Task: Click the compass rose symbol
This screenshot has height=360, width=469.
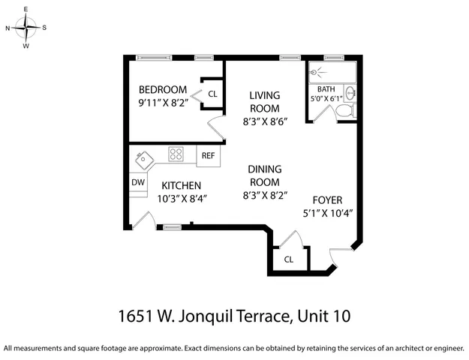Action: coord(26,28)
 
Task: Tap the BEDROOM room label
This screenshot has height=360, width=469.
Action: coord(163,90)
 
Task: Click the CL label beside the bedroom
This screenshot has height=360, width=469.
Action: coord(212,94)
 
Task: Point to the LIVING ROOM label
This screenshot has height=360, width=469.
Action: coord(265,101)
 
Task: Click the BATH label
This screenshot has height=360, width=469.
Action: coord(326,88)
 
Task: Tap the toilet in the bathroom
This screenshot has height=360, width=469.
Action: coord(345,111)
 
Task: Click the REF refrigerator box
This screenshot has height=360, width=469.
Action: coord(208,155)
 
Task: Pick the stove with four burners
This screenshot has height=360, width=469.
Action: coord(176,154)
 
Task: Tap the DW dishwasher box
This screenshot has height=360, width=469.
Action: coord(138,182)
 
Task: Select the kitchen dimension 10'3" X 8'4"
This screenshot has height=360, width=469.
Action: coord(181,199)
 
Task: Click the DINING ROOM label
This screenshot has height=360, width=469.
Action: coord(264,176)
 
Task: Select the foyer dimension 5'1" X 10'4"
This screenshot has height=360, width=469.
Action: coord(328,212)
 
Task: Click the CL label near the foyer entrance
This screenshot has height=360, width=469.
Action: coord(288,259)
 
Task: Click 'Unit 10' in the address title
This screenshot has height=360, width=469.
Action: coord(323,316)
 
